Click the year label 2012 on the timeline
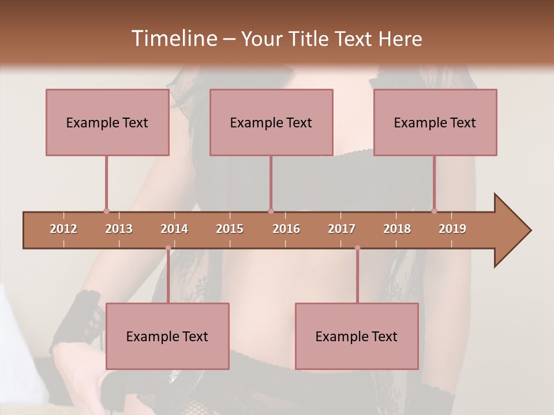[63, 229]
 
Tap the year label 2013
[119, 229]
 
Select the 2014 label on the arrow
[174, 229]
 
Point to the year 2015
[230, 229]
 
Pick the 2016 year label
[286, 229]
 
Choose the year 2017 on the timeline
[342, 229]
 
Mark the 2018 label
[397, 229]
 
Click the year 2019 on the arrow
[452, 229]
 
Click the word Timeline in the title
[173, 39]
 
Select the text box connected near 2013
[107, 122]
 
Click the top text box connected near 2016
[271, 122]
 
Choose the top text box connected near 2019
[435, 122]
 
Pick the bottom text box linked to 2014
[167, 336]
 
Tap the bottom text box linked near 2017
[357, 336]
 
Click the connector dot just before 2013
[106, 211]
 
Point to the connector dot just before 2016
[271, 211]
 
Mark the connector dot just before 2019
[435, 211]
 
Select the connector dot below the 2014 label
[168, 248]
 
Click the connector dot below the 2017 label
[357, 248]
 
